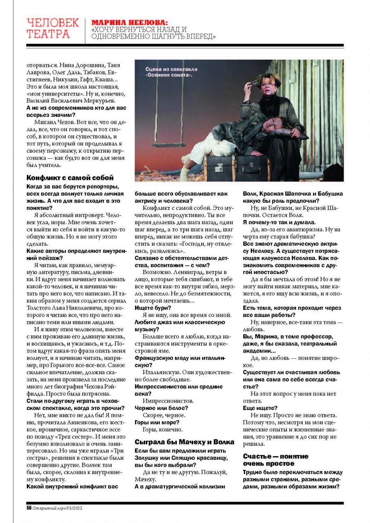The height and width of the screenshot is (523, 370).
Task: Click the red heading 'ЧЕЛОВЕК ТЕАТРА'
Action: point(53,28)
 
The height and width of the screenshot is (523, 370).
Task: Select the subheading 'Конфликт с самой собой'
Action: point(70,178)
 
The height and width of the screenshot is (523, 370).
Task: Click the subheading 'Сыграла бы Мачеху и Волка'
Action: point(184,442)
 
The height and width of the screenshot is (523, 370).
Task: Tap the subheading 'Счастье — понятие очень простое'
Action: point(275,460)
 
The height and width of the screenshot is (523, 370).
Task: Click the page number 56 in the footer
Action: point(29,508)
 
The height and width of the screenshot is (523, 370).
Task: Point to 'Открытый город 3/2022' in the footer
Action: point(57,508)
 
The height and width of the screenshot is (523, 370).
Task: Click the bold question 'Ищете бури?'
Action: point(153,308)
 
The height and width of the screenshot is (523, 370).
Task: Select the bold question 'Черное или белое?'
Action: point(161,408)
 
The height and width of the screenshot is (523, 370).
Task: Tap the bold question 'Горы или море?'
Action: point(157,422)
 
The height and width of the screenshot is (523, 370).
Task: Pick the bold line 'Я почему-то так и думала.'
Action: point(279,222)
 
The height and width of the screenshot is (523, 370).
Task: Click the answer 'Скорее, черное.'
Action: point(164,415)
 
